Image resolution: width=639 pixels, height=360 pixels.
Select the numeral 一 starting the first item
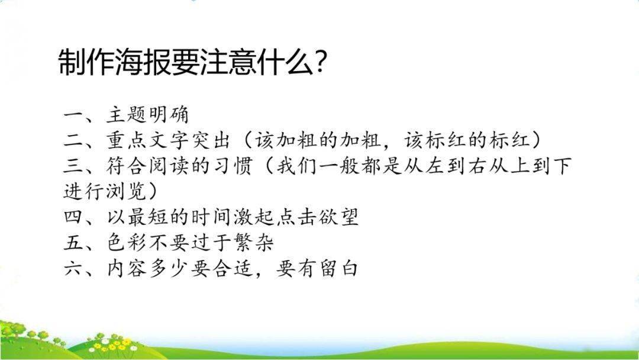[x=74, y=114]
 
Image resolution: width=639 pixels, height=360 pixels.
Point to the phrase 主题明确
[x=148, y=114]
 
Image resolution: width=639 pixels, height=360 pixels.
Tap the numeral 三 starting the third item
[x=74, y=166]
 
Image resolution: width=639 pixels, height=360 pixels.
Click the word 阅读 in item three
[x=168, y=166]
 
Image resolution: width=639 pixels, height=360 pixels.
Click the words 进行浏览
[x=105, y=191]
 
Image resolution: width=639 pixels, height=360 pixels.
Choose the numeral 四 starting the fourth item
[x=74, y=217]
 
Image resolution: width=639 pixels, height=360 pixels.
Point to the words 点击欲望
[x=318, y=217]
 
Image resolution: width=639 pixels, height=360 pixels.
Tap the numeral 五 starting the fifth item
[x=74, y=243]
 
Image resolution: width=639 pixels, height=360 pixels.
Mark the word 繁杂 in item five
[x=254, y=243]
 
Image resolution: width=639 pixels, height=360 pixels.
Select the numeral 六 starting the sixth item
[x=74, y=268]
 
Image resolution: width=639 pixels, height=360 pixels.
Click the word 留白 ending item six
[x=338, y=268]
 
